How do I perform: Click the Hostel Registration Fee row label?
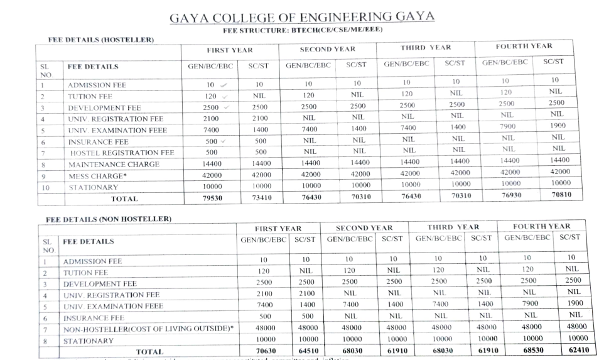(122, 153)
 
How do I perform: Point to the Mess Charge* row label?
(97, 176)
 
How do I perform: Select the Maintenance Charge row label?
(114, 165)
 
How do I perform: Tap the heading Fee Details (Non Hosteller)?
(109, 219)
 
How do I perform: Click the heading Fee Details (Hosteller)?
(101, 40)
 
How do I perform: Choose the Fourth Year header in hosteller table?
(524, 46)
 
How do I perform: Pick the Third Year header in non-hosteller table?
(453, 227)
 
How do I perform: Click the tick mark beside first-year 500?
(224, 141)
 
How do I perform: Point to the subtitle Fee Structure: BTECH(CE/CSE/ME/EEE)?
(303, 30)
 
